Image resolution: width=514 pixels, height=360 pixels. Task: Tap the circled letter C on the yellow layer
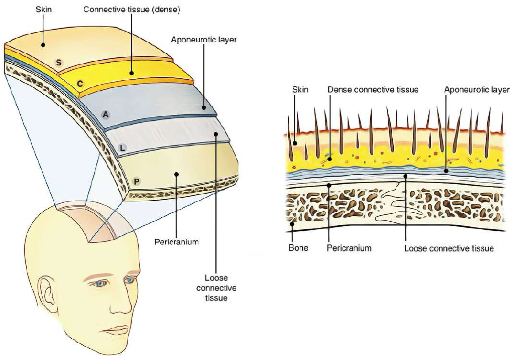click(81, 84)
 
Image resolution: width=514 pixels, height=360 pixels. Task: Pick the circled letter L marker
click(122, 148)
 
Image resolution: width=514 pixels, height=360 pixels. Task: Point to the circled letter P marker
click(137, 181)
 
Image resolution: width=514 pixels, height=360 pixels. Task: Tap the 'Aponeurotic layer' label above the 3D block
click(204, 40)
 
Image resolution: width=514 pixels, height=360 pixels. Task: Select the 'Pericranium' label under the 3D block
click(176, 242)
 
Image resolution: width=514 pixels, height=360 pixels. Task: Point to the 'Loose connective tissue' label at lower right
click(449, 249)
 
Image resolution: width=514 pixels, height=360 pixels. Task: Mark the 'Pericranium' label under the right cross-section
click(349, 249)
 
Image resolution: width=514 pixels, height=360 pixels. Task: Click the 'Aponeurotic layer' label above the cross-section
click(477, 89)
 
